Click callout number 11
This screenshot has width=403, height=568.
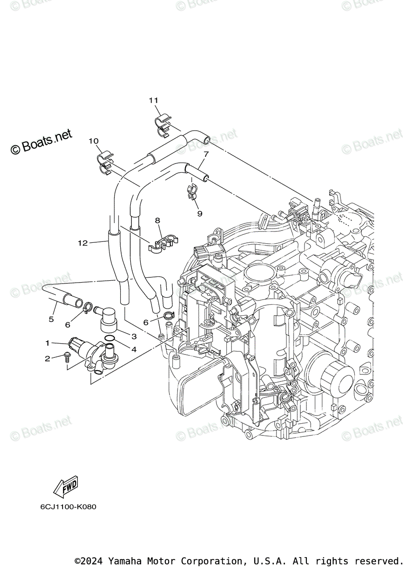tap(153, 100)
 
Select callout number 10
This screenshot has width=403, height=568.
tap(93, 141)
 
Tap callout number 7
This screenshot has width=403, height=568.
tap(206, 154)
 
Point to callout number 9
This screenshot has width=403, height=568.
tap(199, 213)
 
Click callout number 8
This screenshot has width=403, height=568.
tap(158, 220)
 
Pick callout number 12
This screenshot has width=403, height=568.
tap(83, 243)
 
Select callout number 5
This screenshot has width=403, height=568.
tap(51, 319)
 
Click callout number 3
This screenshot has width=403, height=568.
tap(134, 337)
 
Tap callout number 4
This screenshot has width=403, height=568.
tap(134, 350)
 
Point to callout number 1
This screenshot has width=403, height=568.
tap(47, 342)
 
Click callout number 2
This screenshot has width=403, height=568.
tap(47, 359)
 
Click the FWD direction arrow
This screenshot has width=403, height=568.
tap(66, 487)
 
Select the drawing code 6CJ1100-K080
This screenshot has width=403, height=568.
tap(68, 506)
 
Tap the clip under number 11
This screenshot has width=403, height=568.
tap(163, 124)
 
